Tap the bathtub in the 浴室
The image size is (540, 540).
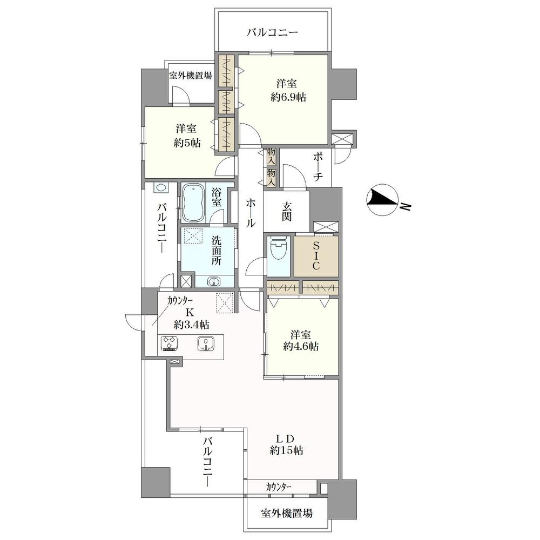pyautogui.click(x=192, y=203)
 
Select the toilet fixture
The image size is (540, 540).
pyautogui.click(x=279, y=253)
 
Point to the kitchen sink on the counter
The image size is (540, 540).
pyautogui.click(x=206, y=343)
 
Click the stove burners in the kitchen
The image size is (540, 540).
pyautogui.click(x=170, y=343)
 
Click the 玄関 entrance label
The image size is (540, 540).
pyautogui.click(x=286, y=211)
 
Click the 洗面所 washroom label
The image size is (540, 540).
pyautogui.click(x=216, y=249)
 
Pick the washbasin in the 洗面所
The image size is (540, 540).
pyautogui.click(x=214, y=281)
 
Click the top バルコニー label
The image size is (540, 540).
pyautogui.click(x=272, y=32)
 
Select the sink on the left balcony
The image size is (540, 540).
pyautogui.click(x=161, y=188)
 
